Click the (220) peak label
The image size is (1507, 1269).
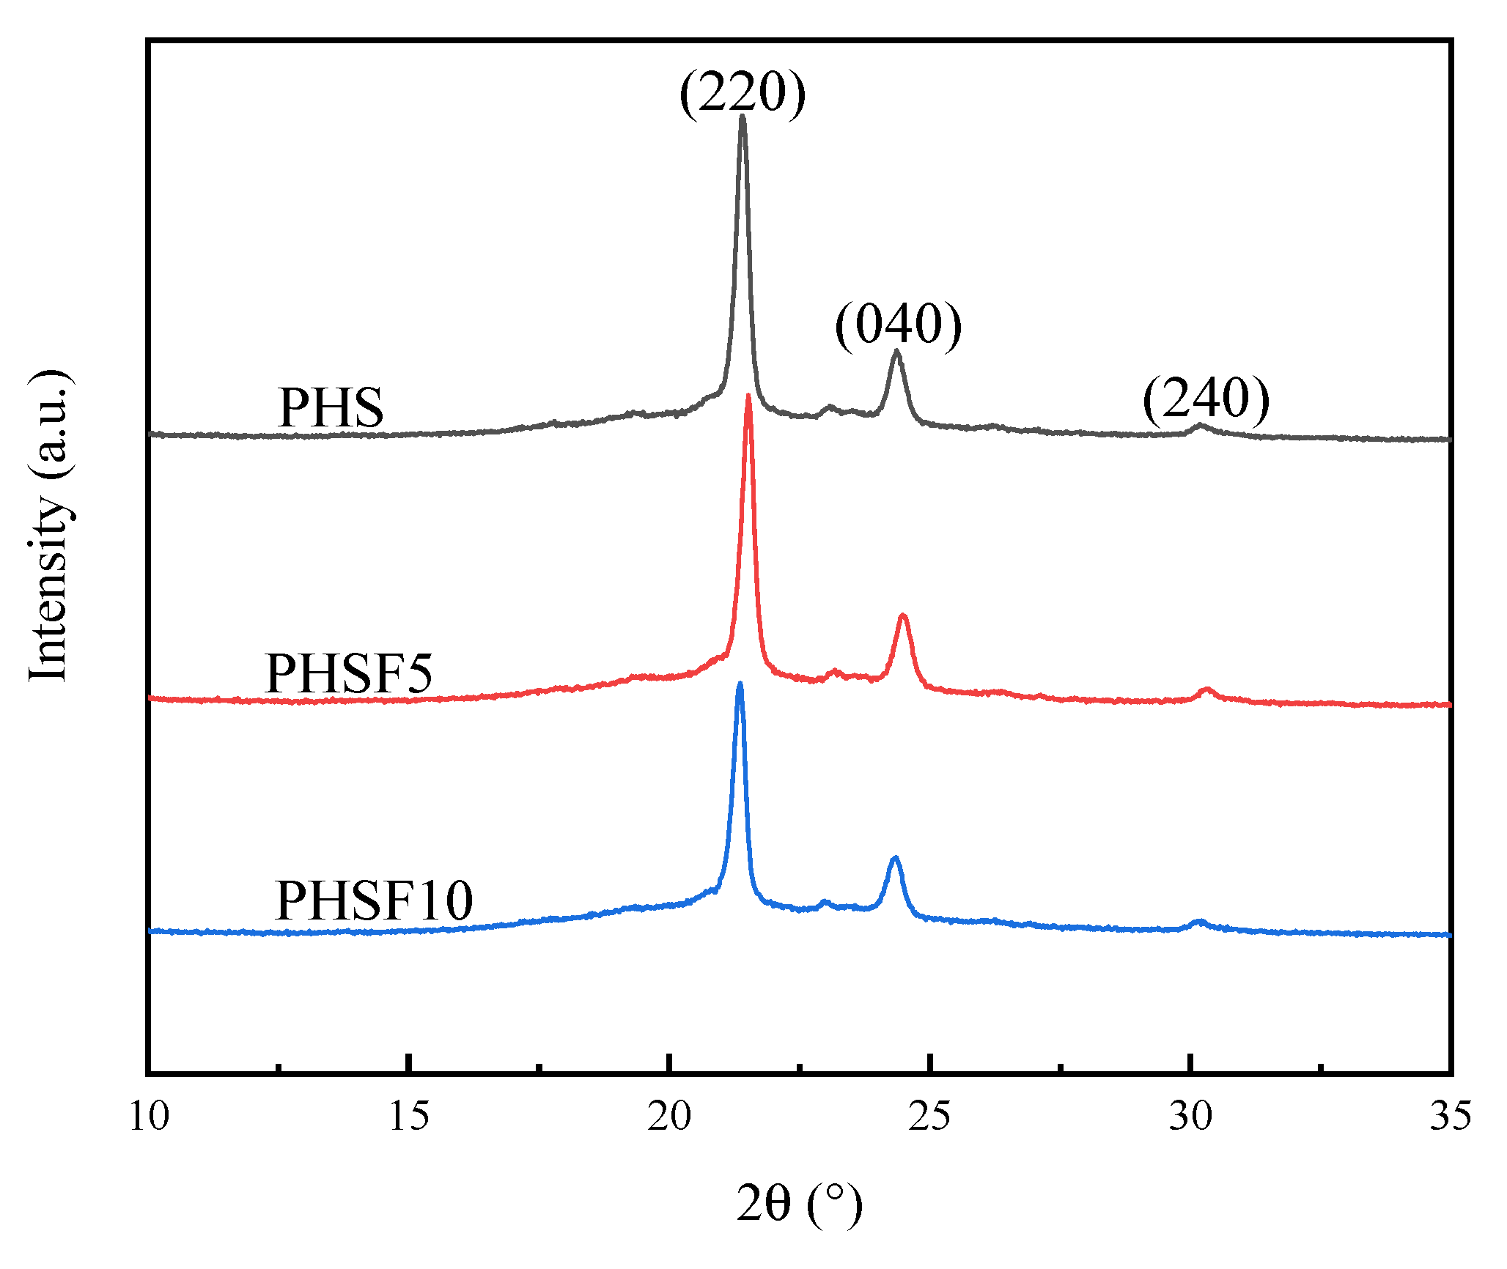tap(742, 93)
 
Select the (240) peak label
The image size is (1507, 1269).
tap(1206, 399)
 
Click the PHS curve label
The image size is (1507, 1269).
tap(331, 408)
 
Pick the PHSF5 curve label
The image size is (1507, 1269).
tap(349, 673)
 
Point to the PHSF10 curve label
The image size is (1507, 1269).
tap(374, 901)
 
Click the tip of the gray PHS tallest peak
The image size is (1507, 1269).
tap(743, 117)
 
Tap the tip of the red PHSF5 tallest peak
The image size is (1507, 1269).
tap(748, 397)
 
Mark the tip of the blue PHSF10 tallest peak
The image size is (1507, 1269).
tap(740, 685)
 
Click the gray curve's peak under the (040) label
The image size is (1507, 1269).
tap(896, 352)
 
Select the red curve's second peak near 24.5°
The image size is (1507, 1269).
tap(903, 617)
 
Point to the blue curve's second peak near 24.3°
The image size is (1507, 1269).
tap(894, 859)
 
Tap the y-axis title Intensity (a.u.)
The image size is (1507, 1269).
tap(50, 526)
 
